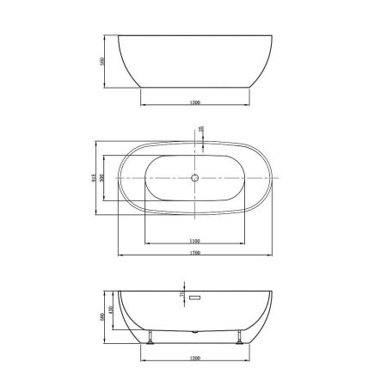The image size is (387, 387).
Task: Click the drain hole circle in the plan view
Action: (x=194, y=178)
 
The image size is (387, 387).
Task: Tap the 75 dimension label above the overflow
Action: (x=182, y=292)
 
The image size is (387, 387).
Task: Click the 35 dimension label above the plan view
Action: (x=200, y=131)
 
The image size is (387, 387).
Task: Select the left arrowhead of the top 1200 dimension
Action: (x=141, y=106)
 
